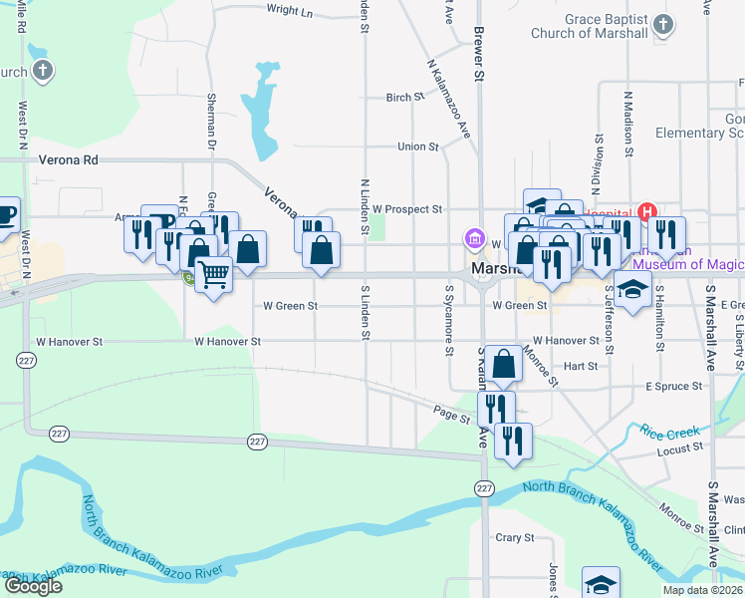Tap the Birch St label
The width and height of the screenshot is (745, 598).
[404, 98]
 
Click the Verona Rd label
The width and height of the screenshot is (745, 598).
[69, 159]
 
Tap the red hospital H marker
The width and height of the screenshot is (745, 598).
[647, 211]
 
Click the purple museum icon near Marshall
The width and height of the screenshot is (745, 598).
[473, 240]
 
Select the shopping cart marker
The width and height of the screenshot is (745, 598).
[212, 273]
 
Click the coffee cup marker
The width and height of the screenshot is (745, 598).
[6, 213]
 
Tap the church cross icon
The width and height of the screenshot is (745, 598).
[42, 71]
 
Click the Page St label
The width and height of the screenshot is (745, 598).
[451, 411]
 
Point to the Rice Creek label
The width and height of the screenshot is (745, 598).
[666, 432]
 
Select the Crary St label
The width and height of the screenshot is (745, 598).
[515, 537]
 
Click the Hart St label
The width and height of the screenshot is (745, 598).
[580, 366]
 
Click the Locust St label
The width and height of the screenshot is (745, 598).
[680, 451]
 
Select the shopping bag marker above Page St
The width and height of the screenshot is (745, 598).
[505, 365]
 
